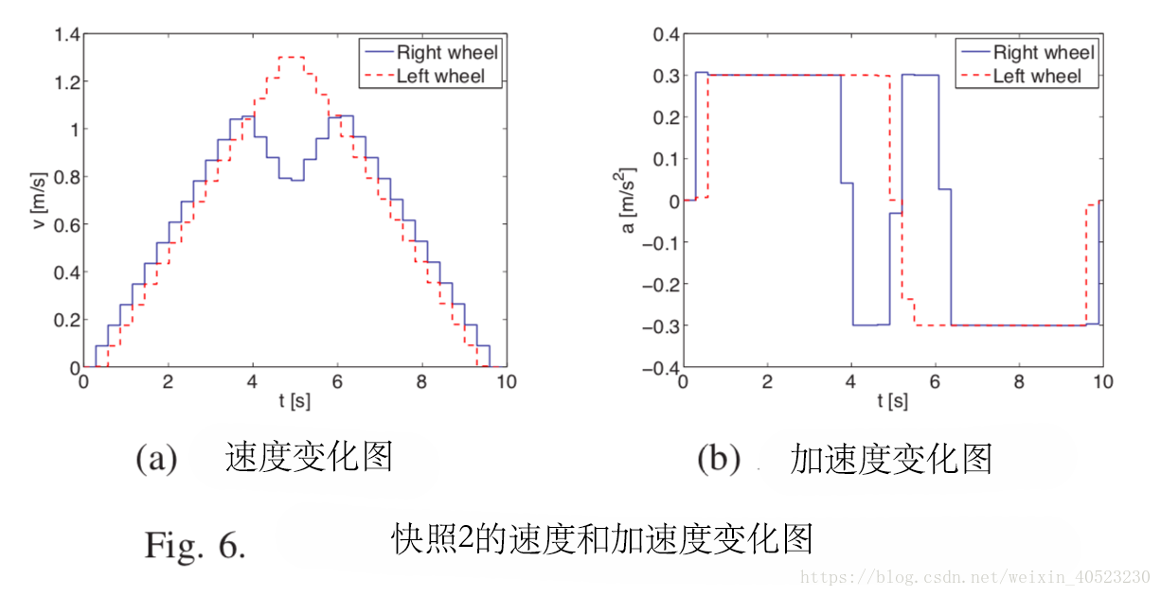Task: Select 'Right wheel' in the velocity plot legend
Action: point(447,52)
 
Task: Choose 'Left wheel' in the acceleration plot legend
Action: point(1036,77)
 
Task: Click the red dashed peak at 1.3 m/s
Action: point(292,58)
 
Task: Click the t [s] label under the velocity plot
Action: point(295,401)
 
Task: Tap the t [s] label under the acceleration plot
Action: point(892,401)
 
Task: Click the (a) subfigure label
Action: point(156,459)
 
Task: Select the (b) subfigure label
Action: point(718,459)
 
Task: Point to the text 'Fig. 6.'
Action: point(194,545)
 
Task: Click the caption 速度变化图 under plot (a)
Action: point(308,458)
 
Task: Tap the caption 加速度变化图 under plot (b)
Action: point(890,459)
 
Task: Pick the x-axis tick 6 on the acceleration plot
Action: point(936,381)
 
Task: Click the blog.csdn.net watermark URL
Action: point(975,577)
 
